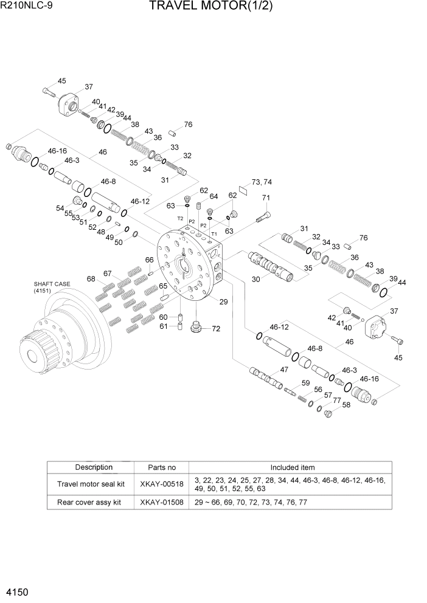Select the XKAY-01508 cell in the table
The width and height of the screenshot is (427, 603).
[x=162, y=503]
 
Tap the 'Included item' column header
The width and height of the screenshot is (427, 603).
[x=292, y=467]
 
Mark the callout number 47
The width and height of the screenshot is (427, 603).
[x=283, y=370]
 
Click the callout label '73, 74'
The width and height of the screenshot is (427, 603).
[x=262, y=182]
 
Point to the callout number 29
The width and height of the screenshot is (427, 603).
[x=223, y=301]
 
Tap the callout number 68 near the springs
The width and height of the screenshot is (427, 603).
[x=91, y=279]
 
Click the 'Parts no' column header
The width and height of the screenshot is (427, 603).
[x=162, y=467]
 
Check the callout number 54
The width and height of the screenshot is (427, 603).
[x=60, y=208]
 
